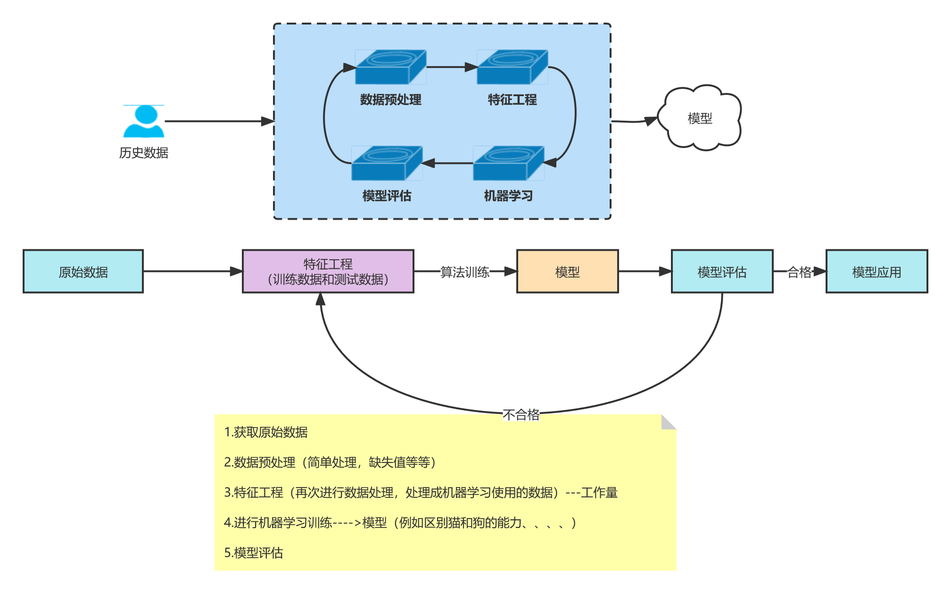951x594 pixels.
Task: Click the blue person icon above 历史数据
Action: click(x=144, y=121)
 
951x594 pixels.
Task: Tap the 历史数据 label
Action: click(x=144, y=153)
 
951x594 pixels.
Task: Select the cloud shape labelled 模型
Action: click(x=700, y=118)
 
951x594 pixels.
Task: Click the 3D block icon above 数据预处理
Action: click(x=390, y=67)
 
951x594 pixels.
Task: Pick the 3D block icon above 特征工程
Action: click(x=512, y=67)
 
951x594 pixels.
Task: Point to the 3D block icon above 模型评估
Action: click(x=387, y=163)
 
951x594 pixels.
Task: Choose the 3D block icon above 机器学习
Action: click(x=508, y=163)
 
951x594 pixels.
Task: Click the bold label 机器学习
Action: click(x=508, y=196)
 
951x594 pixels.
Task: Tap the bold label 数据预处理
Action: click(x=390, y=99)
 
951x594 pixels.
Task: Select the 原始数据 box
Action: click(x=83, y=272)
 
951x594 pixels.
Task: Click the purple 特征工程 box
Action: click(x=328, y=272)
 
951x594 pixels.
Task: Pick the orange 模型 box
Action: click(x=567, y=272)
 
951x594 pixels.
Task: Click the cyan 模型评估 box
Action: click(x=722, y=272)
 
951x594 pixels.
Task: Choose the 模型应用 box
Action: click(x=877, y=272)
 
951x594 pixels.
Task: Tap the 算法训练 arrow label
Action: click(x=465, y=272)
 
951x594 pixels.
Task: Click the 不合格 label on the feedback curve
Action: click(x=521, y=414)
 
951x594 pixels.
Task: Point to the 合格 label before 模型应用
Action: click(x=799, y=272)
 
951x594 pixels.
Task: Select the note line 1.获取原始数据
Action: click(x=266, y=432)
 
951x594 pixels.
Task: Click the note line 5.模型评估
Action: click(x=254, y=553)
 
